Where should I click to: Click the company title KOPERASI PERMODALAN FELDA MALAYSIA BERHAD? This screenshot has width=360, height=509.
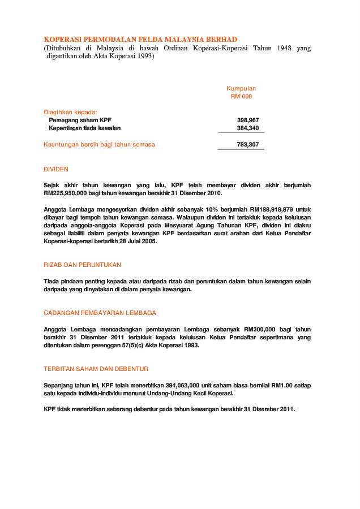pos(140,40)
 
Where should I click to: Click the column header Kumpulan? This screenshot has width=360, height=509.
pos(241,88)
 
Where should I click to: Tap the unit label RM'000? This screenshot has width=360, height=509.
pos(241,96)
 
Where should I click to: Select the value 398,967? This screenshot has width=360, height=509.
pos(248,120)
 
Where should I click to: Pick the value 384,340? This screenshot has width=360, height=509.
pos(248,128)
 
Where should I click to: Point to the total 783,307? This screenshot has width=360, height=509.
pos(248,145)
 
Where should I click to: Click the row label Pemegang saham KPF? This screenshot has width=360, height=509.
pos(80,120)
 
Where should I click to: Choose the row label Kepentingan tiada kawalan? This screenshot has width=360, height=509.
pos(85,128)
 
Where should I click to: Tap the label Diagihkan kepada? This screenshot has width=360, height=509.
pos(71,112)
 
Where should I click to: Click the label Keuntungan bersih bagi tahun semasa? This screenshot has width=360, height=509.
pos(99,145)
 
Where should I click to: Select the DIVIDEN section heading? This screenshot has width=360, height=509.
pos(56,169)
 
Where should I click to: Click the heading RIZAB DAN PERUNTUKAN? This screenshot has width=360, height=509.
pos(82,265)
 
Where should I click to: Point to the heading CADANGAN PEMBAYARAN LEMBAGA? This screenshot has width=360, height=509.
pos(100,313)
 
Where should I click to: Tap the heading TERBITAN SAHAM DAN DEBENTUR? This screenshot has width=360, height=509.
pos(96,369)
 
